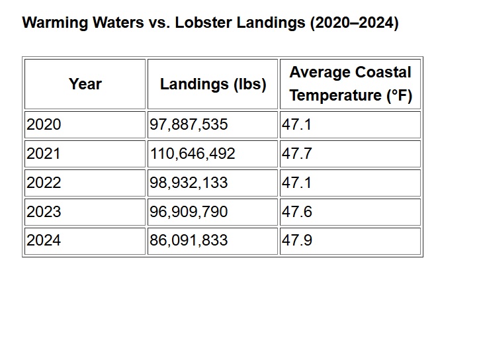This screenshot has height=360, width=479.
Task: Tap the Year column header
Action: click(85, 84)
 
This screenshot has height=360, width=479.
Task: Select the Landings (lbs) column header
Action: click(213, 84)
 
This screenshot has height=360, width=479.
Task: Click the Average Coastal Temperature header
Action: click(350, 84)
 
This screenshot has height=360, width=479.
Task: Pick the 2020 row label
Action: click(44, 124)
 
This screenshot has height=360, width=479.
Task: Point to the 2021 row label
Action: click(44, 154)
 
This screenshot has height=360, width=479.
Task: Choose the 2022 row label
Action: click(44, 183)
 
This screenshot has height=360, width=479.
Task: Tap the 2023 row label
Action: click(44, 212)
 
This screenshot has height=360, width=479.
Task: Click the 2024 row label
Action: click(44, 240)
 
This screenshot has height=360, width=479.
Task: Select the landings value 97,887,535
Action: click(189, 124)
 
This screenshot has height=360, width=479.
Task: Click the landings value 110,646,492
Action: click(193, 154)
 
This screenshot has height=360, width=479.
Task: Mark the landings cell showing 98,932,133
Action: click(189, 183)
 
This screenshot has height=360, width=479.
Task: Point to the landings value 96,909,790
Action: click(189, 212)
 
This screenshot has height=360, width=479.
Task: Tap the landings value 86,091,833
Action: click(189, 240)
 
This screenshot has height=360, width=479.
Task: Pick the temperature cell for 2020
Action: click(296, 124)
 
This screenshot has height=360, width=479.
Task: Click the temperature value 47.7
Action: click(296, 154)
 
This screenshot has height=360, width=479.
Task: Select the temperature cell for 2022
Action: click(296, 183)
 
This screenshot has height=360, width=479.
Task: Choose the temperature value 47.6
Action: click(296, 212)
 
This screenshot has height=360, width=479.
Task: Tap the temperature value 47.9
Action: click(296, 240)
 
